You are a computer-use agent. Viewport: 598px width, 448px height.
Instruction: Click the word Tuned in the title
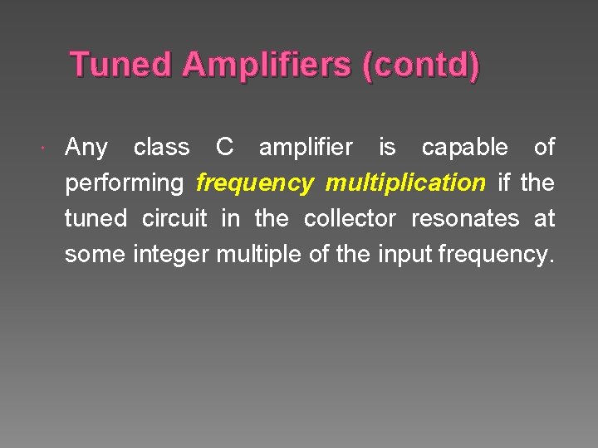(x=121, y=65)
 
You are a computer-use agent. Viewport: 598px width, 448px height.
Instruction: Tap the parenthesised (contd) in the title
(x=420, y=66)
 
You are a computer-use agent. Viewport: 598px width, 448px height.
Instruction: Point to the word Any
(x=86, y=148)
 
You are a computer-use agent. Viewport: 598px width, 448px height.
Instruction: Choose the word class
(x=161, y=147)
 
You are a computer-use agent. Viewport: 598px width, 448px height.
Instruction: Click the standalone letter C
(x=224, y=147)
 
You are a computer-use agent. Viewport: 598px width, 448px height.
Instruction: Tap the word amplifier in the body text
(x=306, y=148)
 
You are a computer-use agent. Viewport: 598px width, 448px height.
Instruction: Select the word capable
(x=465, y=147)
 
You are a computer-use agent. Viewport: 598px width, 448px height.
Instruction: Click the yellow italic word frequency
(x=254, y=183)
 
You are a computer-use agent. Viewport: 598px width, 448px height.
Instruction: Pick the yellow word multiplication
(x=405, y=183)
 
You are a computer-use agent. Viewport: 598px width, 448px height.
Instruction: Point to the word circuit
(x=174, y=218)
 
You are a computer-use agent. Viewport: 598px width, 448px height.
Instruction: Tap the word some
(x=96, y=254)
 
